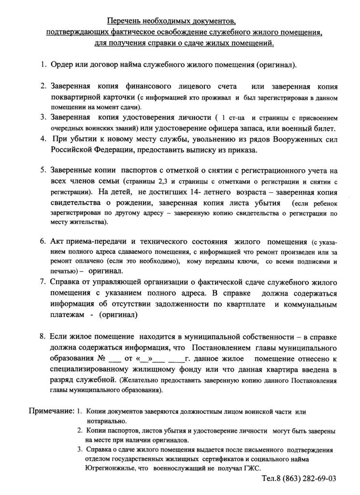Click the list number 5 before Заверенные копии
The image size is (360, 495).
(x=43, y=170)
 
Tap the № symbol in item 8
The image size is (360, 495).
(x=101, y=359)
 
